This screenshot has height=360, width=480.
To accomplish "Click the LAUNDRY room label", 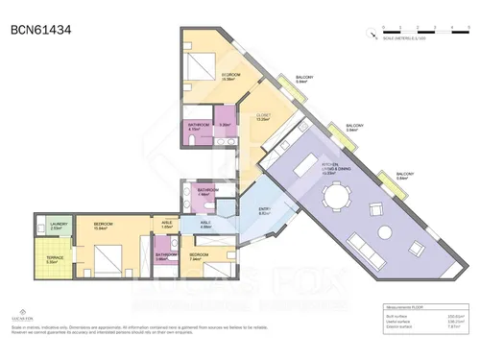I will [x=58, y=225].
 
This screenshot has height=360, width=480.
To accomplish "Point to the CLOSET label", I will [x=262, y=117].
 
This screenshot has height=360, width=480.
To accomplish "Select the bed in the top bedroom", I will [x=204, y=68].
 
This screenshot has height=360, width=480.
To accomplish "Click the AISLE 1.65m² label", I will [x=166, y=226].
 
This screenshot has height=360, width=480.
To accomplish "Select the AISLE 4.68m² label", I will [x=204, y=226].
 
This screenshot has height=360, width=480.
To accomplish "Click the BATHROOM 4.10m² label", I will [x=199, y=127].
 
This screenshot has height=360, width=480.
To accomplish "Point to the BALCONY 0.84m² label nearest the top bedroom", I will [x=303, y=80].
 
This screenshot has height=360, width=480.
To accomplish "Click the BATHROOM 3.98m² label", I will [x=165, y=256].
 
